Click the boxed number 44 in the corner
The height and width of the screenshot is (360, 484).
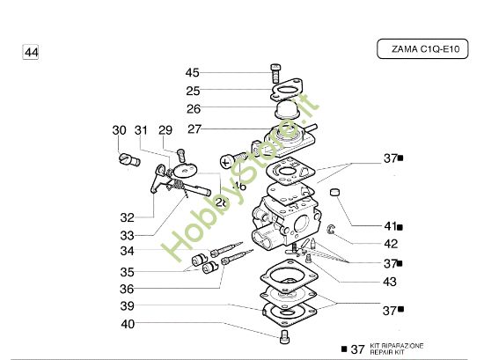point(31,53)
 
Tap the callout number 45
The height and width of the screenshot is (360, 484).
point(192,73)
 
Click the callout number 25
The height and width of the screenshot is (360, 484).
point(192,91)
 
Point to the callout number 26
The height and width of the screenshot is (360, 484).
point(192,109)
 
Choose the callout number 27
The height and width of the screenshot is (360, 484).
point(194,129)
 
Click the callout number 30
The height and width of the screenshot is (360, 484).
point(120,130)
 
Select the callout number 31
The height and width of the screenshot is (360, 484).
point(142,130)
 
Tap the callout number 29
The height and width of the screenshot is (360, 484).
point(165,130)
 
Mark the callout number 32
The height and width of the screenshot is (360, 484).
point(128,217)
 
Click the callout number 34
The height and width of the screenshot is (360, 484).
point(128,252)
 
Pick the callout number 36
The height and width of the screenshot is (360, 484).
point(128,289)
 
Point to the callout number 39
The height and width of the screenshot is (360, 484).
point(128,305)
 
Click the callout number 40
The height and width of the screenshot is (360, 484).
point(128,324)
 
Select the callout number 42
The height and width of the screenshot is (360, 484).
point(391,244)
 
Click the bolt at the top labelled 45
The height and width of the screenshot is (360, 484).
point(274,73)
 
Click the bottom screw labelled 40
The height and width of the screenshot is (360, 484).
point(284,337)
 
